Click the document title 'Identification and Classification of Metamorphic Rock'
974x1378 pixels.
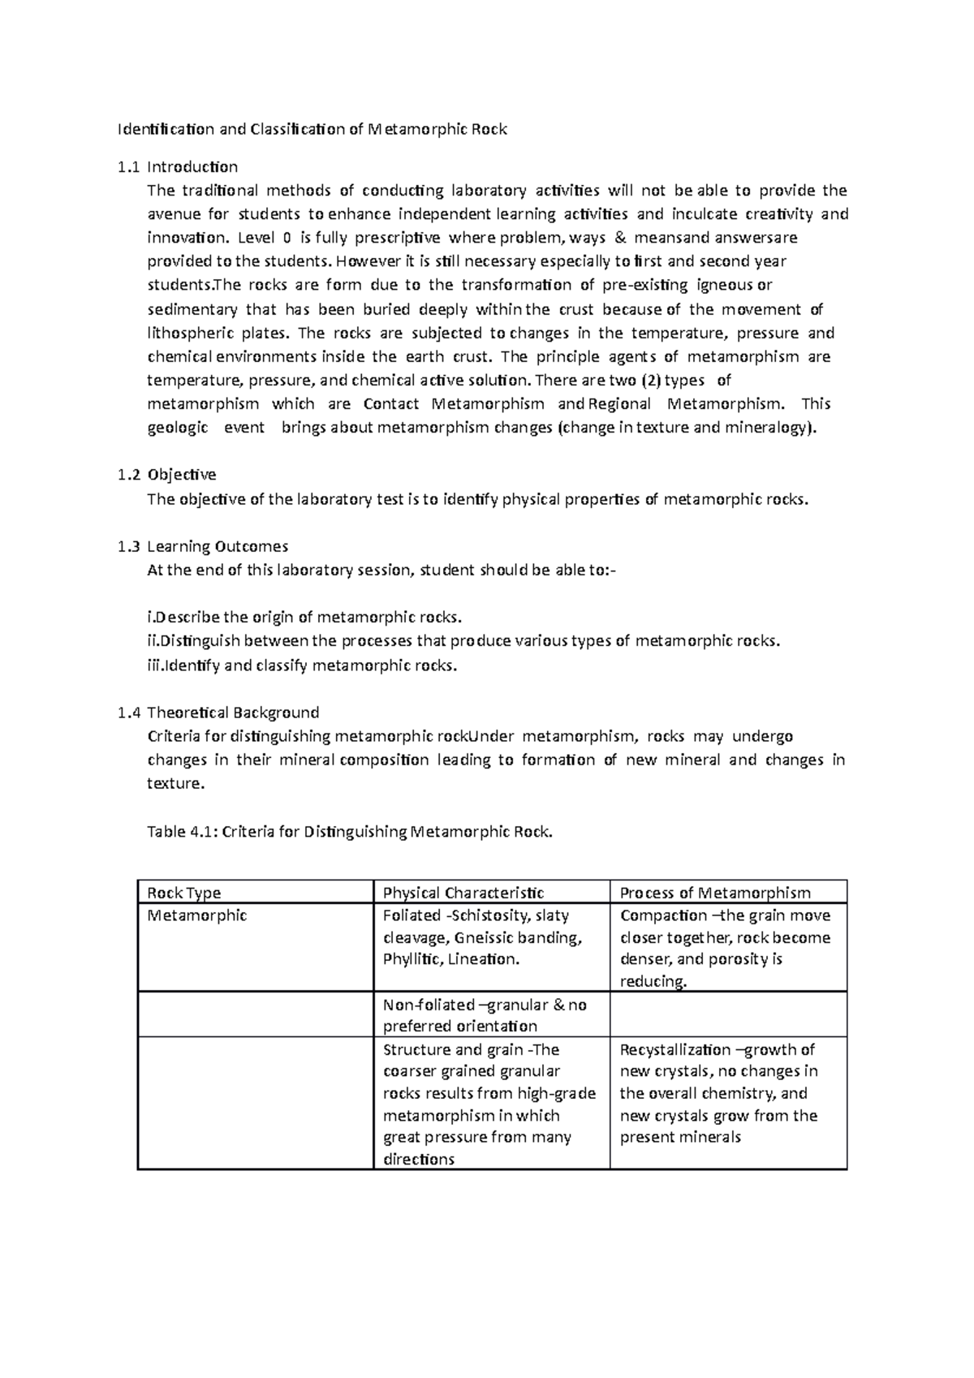click(x=312, y=129)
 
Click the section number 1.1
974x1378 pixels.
click(x=127, y=167)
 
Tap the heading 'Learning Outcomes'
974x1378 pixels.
click(x=217, y=546)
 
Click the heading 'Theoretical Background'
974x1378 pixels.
click(x=232, y=713)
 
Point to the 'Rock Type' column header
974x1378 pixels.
click(x=183, y=893)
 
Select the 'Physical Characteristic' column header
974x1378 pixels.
click(x=463, y=893)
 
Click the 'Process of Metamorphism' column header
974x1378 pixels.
click(x=714, y=893)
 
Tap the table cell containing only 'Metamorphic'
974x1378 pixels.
click(x=196, y=915)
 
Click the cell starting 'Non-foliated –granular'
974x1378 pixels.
click(x=484, y=1014)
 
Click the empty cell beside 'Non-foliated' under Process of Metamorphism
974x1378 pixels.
click(x=727, y=1014)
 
